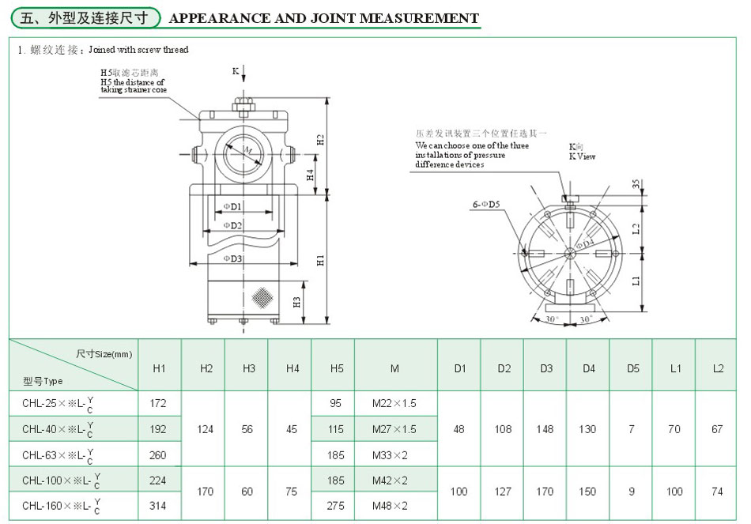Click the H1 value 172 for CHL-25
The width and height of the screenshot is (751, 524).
(158, 404)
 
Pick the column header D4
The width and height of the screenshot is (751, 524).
(588, 369)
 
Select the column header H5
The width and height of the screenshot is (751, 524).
(335, 369)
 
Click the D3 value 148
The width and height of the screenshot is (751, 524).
(545, 429)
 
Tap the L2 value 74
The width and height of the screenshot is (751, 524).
(717, 492)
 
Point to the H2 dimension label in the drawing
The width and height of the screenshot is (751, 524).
(320, 140)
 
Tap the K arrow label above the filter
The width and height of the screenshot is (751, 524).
(236, 71)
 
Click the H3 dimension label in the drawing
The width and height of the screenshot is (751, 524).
(296, 302)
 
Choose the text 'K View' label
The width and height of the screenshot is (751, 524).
(583, 156)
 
